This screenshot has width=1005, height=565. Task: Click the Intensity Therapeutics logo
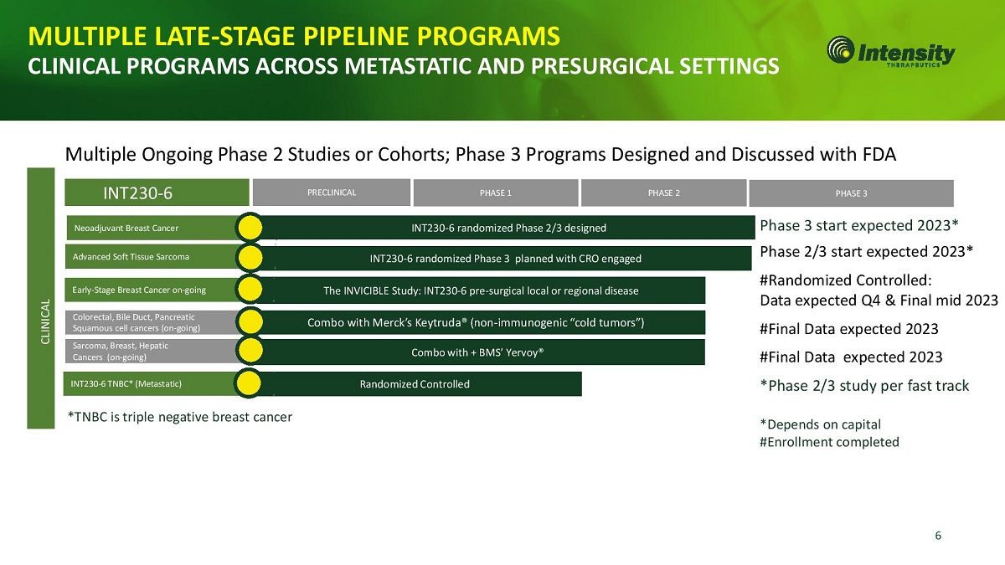(890, 52)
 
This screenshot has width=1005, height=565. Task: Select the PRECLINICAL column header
(332, 193)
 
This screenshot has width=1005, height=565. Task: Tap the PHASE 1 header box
(496, 193)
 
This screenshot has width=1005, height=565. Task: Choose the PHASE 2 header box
(664, 193)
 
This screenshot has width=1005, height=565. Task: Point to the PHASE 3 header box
(851, 193)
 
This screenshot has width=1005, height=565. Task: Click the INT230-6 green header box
(157, 193)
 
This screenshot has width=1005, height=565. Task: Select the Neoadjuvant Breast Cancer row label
(126, 228)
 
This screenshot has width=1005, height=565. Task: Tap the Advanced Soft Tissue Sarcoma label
(131, 256)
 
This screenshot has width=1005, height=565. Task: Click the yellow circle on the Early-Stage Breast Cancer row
(250, 290)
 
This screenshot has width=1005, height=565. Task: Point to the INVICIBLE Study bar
(482, 290)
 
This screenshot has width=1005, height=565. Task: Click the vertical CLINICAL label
(45, 321)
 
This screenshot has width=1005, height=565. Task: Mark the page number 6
(938, 536)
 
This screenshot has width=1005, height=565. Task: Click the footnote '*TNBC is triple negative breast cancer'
(179, 417)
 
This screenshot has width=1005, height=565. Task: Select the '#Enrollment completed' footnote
(829, 442)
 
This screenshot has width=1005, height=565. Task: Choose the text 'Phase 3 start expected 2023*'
(859, 225)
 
